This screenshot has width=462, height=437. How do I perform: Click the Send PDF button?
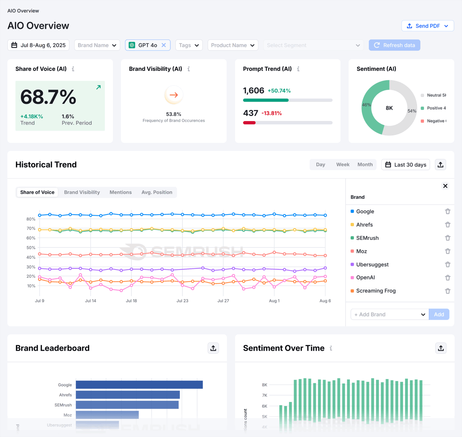(427, 26)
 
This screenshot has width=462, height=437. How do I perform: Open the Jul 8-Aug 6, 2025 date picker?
(38, 45)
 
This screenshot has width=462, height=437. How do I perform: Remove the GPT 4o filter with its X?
(164, 45)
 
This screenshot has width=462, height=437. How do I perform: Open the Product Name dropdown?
(233, 45)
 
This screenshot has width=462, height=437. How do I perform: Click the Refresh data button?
(394, 45)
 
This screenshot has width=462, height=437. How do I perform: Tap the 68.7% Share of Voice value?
(48, 97)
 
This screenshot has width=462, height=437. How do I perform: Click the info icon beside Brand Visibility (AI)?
(189, 69)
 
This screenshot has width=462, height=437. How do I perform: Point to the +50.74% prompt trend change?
(279, 91)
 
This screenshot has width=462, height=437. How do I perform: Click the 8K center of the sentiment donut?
(389, 108)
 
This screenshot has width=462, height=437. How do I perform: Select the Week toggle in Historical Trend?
(343, 165)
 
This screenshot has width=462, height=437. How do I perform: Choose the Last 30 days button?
(406, 165)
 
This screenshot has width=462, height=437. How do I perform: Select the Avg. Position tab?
(157, 192)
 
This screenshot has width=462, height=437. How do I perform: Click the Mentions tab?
(121, 192)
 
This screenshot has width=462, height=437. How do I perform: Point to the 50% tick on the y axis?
(31, 248)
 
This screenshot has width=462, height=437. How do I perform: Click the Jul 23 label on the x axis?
(182, 301)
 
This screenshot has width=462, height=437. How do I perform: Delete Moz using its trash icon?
(448, 251)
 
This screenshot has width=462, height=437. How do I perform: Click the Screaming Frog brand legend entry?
(376, 291)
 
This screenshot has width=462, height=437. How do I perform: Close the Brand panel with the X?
(445, 186)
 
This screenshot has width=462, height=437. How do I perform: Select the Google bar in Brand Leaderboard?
(139, 385)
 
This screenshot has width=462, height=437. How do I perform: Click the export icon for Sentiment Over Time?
(441, 348)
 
